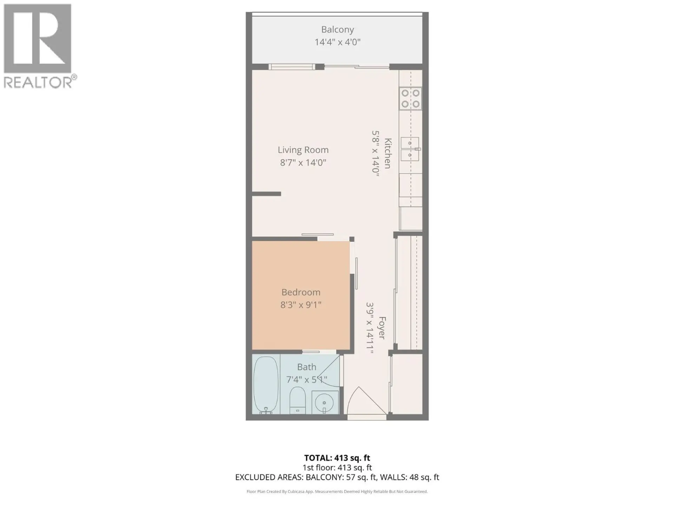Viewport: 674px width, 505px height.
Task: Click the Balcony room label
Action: point(337,29)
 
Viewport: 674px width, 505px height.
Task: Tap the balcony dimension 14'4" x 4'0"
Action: point(337,42)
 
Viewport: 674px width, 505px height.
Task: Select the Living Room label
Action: point(303,150)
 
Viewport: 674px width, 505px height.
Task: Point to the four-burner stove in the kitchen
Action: point(410,99)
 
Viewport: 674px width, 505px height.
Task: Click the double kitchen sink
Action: point(410,149)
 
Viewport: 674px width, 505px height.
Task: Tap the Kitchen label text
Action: point(388,153)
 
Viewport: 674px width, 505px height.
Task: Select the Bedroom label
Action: point(301,292)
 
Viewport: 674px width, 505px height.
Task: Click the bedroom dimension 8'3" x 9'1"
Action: point(301,305)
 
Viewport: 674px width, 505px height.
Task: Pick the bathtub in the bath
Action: point(266,385)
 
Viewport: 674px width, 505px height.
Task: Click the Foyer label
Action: point(382,328)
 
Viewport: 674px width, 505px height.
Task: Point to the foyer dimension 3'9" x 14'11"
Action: point(370,328)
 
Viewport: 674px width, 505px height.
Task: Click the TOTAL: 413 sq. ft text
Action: point(337,458)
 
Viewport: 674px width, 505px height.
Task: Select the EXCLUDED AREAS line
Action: point(337,477)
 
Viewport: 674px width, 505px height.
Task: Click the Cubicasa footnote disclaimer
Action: point(337,492)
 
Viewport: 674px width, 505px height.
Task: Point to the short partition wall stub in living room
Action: point(267,194)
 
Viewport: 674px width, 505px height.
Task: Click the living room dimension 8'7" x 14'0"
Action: point(303,163)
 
